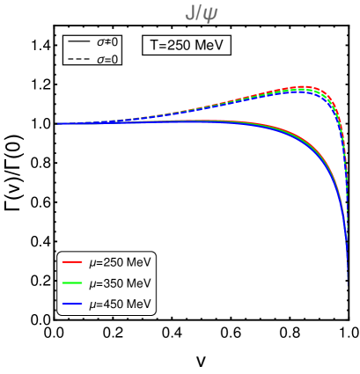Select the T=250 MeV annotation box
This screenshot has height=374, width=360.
tap(186, 46)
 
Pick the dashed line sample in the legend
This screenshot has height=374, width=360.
tap(79, 59)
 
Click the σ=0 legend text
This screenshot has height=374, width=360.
tap(107, 59)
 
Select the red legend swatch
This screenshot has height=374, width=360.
tap(72, 261)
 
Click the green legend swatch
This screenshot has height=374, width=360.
tap(72, 282)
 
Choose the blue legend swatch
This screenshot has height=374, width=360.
tap(72, 304)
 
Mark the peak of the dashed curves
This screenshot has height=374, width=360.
tap(302, 87)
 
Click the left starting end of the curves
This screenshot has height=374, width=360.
tap(58, 123)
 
